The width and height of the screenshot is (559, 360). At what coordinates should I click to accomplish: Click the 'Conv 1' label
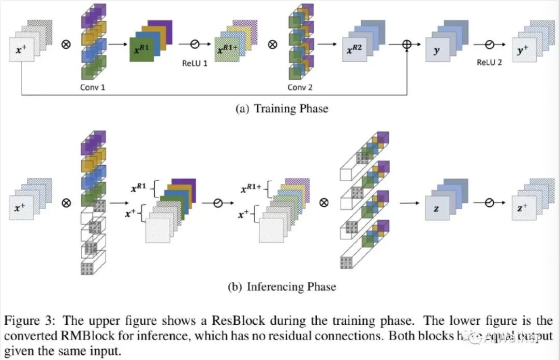(93, 87)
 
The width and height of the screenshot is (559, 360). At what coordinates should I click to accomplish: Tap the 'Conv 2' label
(300, 87)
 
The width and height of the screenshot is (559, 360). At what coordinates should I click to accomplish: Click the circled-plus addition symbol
(407, 45)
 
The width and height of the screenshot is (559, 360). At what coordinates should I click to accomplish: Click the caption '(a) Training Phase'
(281, 109)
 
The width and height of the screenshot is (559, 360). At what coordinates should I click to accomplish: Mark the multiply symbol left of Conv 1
(66, 45)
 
